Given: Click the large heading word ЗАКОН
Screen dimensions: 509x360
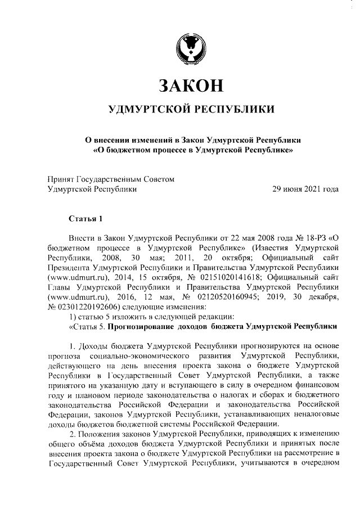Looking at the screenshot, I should (x=191, y=85).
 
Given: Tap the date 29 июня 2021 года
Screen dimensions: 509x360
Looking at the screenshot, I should (x=305, y=190).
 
